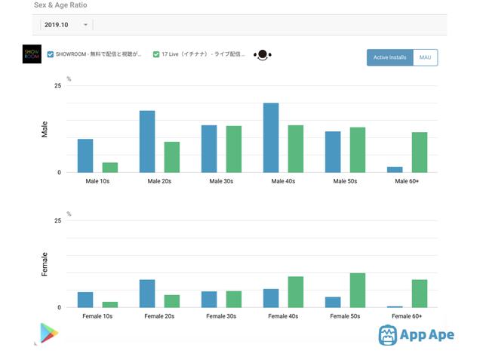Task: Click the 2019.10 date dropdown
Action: (x=66, y=25)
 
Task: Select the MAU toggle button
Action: (x=426, y=57)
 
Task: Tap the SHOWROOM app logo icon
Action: (x=32, y=54)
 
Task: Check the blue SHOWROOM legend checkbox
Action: (x=51, y=54)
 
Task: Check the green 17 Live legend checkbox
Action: (x=156, y=54)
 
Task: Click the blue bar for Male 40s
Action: (x=271, y=137)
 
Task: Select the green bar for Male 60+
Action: (x=420, y=152)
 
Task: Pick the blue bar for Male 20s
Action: (x=147, y=141)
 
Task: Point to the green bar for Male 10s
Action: (x=110, y=167)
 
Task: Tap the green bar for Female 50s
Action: (x=358, y=290)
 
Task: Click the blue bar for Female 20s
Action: (x=147, y=294)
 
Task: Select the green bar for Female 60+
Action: (x=420, y=294)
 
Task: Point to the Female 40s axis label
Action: (x=283, y=316)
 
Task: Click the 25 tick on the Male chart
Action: (x=57, y=86)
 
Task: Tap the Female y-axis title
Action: (x=45, y=264)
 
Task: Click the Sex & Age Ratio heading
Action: (x=60, y=5)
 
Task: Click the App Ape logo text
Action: (x=428, y=335)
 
